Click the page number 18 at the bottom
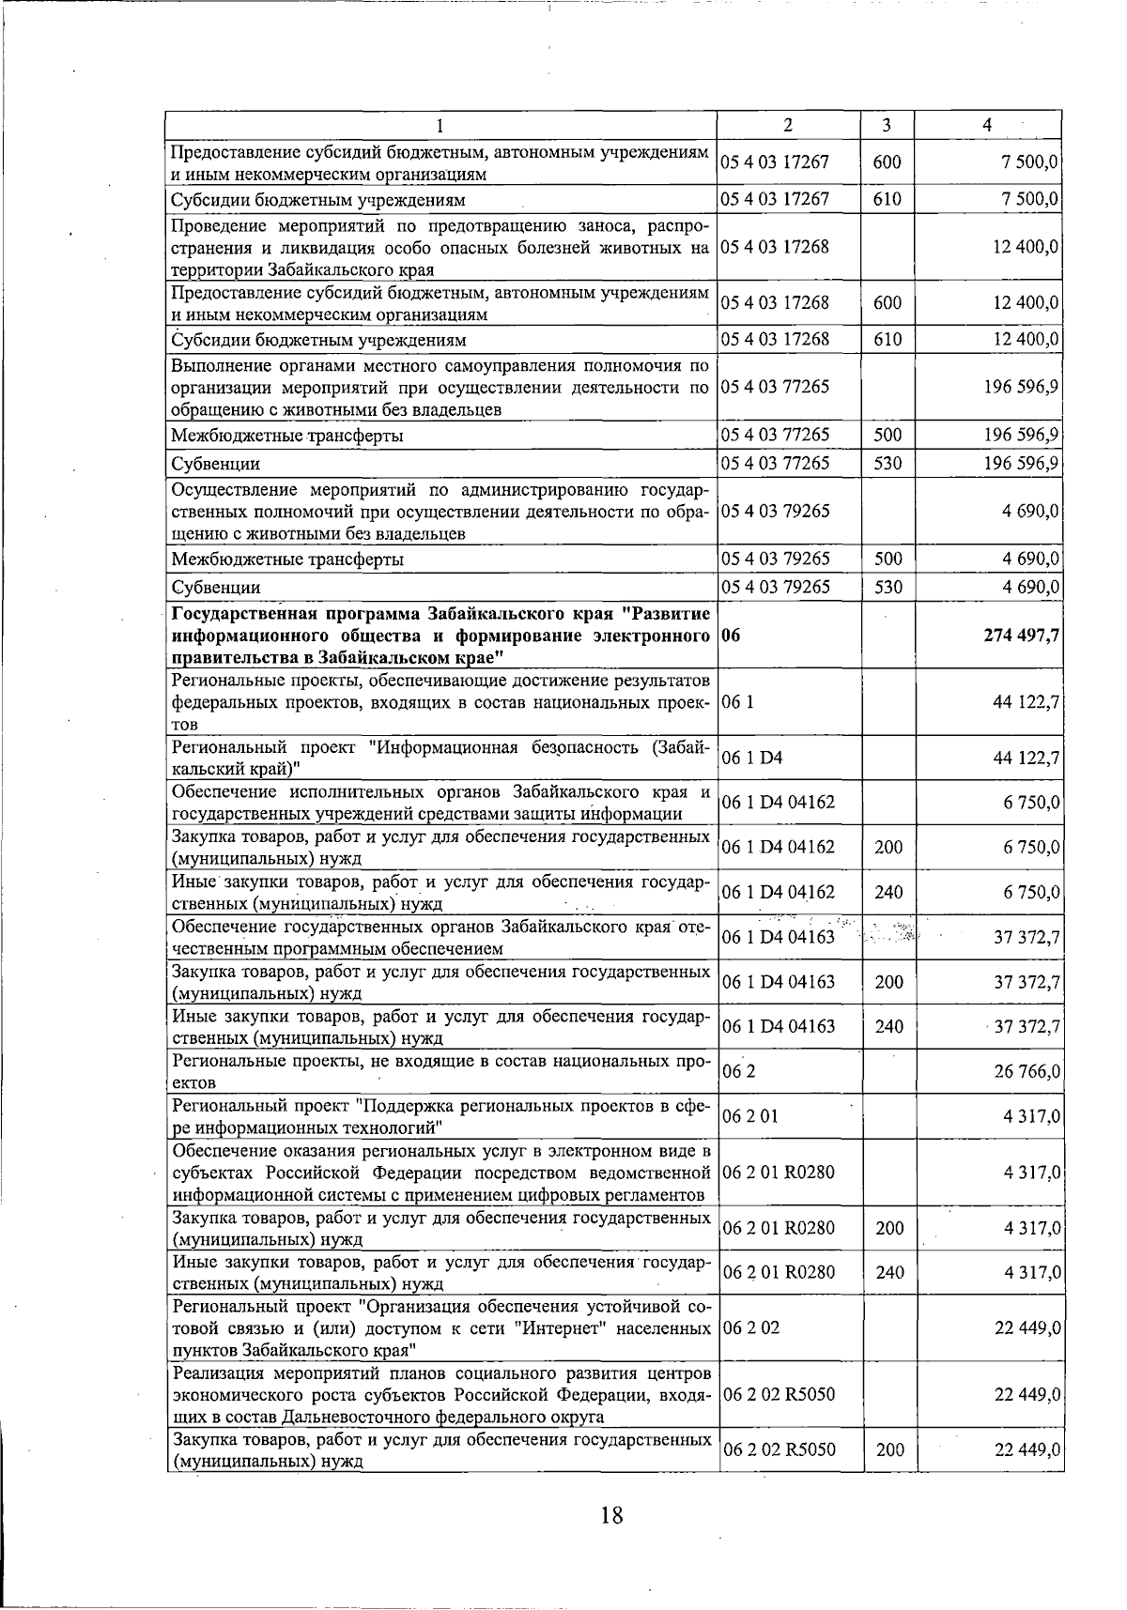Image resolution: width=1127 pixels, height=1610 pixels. coord(611,1514)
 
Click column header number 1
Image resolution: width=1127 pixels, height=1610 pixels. coord(441,126)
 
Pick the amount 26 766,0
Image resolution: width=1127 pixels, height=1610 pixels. coord(1027,1071)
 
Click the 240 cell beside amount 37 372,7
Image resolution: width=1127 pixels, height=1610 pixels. coord(888,1026)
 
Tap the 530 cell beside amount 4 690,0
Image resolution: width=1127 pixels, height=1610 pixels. coord(888,588)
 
